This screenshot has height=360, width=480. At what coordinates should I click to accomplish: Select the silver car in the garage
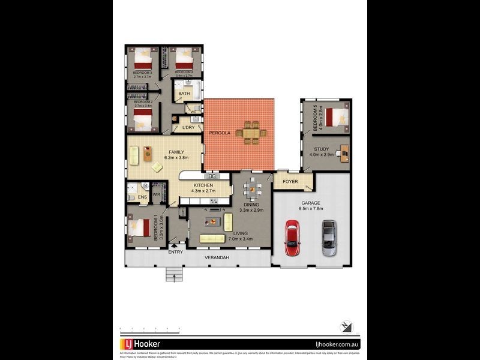[329, 238]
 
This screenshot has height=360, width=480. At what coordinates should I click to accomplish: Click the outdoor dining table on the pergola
[252, 132]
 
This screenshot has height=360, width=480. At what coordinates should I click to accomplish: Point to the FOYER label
[290, 181]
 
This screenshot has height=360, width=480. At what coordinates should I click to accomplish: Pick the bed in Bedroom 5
[337, 115]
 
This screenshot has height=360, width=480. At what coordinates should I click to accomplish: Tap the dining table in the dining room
[252, 190]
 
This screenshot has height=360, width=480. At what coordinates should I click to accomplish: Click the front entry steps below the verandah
[175, 274]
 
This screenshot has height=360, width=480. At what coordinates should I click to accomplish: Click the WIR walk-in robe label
[156, 194]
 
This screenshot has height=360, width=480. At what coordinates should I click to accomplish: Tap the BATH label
[184, 94]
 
